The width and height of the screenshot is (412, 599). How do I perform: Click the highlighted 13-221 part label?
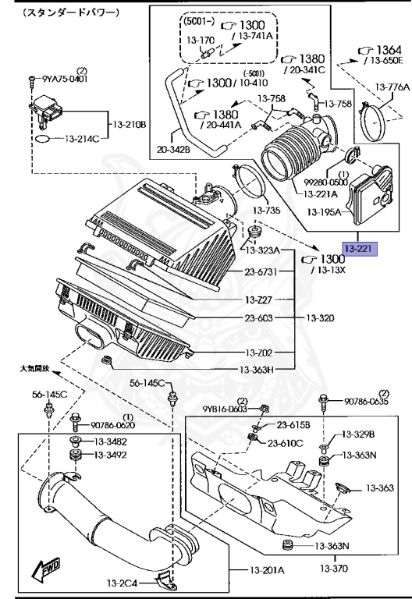(x=360, y=249)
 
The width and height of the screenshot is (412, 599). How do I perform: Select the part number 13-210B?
(x=130, y=125)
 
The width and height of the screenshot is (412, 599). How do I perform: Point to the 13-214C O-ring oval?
(x=42, y=138)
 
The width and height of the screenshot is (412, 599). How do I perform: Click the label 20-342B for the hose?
(x=173, y=150)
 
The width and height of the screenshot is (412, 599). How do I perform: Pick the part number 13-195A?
(x=324, y=211)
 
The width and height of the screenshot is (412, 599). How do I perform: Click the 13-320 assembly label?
(x=320, y=318)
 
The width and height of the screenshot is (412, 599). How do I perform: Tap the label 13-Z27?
(x=258, y=299)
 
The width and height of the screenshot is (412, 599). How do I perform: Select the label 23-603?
(x=259, y=318)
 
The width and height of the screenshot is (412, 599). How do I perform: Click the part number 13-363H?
(x=257, y=370)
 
